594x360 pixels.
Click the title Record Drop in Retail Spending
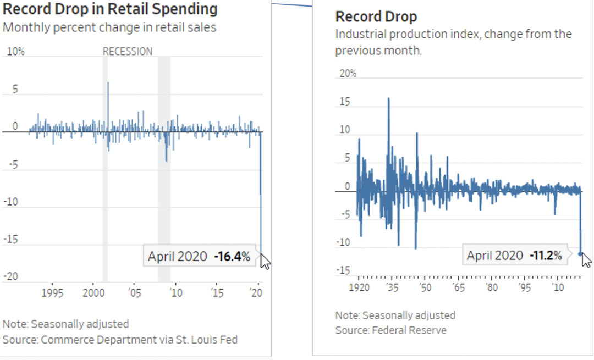(110, 9)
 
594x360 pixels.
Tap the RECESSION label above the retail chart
(128, 52)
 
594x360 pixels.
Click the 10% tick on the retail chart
(15, 52)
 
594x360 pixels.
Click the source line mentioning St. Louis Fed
(120, 340)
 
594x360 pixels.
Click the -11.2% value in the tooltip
(546, 255)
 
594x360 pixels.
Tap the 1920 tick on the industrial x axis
(359, 287)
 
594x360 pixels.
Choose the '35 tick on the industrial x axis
(392, 287)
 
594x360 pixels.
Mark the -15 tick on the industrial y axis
(343, 270)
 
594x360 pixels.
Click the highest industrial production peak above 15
(389, 99)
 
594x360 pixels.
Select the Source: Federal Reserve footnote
(391, 330)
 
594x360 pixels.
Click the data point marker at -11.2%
(581, 253)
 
